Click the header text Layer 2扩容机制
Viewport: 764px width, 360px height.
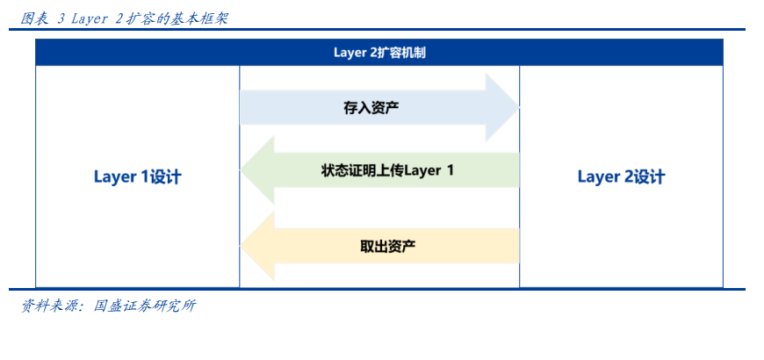pyautogui.click(x=379, y=53)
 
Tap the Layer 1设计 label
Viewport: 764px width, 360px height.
pyautogui.click(x=137, y=176)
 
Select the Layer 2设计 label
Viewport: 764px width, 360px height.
pyautogui.click(x=621, y=176)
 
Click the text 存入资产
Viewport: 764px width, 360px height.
pyautogui.click(x=371, y=108)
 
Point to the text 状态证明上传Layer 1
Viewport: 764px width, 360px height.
pyautogui.click(x=387, y=170)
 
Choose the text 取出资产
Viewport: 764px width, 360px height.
pyautogui.click(x=388, y=246)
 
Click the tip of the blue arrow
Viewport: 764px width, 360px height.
pyautogui.click(x=518, y=108)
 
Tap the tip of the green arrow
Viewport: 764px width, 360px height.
pyautogui.click(x=241, y=170)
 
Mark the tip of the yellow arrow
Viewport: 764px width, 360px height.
pyautogui.click(x=241, y=246)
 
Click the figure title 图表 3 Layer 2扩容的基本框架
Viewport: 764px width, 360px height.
pyautogui.click(x=124, y=18)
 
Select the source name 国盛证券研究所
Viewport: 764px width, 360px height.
pyautogui.click(x=145, y=306)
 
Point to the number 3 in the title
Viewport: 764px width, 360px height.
pyautogui.click(x=61, y=19)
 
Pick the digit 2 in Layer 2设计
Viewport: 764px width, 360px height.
pyautogui.click(x=628, y=176)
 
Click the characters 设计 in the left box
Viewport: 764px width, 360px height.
pyautogui.click(x=165, y=176)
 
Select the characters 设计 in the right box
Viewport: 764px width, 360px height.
pyautogui.click(x=649, y=176)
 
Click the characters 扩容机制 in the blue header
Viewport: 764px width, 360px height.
pyautogui.click(x=402, y=53)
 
